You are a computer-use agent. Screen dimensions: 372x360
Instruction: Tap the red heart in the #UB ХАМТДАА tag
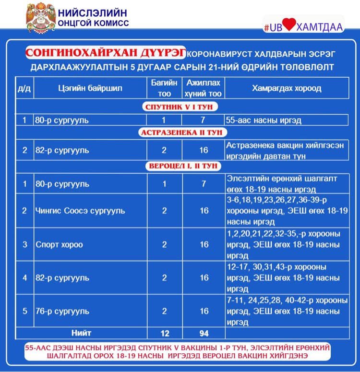(288, 26)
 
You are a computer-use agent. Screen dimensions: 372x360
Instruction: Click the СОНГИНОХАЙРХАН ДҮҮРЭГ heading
(107, 52)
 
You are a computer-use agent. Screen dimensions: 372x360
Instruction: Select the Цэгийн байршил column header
(90, 88)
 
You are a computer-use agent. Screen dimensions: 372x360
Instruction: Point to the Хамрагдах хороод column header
(287, 88)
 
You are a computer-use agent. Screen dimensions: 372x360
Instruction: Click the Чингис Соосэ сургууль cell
(80, 211)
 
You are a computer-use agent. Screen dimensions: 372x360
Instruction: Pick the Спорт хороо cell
(59, 244)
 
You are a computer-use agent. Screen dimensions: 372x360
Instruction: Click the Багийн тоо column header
(164, 88)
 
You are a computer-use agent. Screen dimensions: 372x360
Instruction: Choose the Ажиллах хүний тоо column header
(204, 88)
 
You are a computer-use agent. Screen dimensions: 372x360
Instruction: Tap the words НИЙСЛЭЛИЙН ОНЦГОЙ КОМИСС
(93, 17)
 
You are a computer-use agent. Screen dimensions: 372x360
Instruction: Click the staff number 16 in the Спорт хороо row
(204, 244)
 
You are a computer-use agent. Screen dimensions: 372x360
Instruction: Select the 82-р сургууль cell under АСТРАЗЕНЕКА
(62, 150)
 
